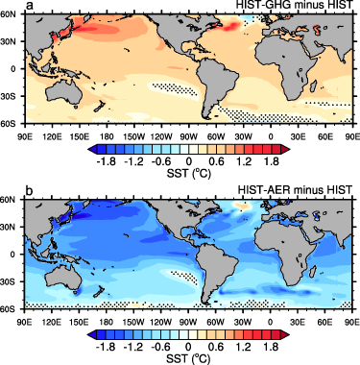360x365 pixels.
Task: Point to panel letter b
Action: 30,180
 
